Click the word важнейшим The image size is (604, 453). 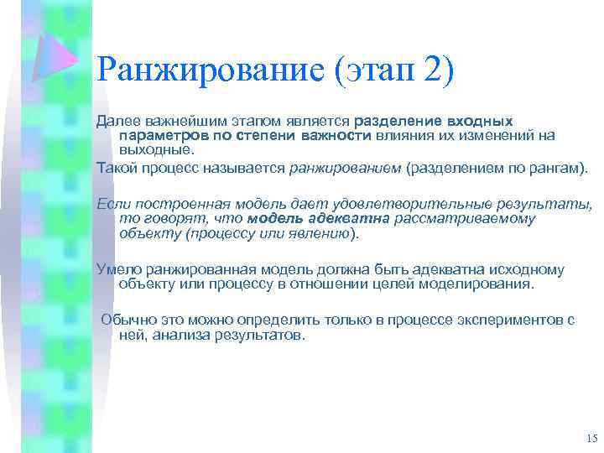[x=178, y=122]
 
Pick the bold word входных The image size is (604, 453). [x=480, y=122]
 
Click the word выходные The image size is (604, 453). [x=156, y=149]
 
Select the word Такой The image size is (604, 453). [x=116, y=168]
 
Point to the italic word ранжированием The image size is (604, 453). [x=345, y=168]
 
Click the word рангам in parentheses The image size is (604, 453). [x=547, y=168]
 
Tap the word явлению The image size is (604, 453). [x=322, y=232]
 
